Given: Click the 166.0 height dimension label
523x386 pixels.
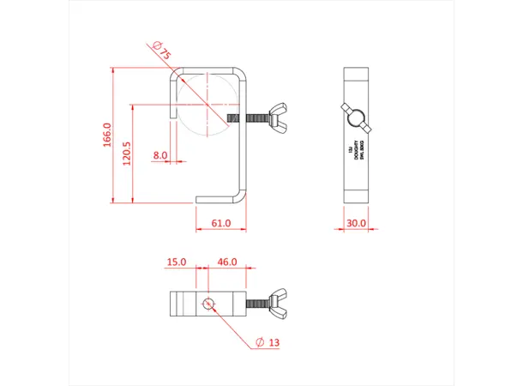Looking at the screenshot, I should click(107, 136).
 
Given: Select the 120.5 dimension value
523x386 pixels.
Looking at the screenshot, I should click(127, 154).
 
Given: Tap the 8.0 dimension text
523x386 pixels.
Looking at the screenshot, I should click(160, 155).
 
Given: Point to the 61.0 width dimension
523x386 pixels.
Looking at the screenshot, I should click(220, 223).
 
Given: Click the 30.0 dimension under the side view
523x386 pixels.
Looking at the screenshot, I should click(355, 223).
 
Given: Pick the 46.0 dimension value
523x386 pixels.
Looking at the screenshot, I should click(227, 261).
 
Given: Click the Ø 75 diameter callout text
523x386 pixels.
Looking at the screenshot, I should click(161, 51).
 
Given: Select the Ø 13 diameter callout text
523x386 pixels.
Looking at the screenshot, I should click(268, 343).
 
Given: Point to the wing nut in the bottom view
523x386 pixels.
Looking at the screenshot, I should click(280, 303).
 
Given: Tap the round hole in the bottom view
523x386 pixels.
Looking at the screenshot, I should click(207, 303).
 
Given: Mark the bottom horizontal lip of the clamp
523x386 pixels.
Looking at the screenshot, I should click(219, 201).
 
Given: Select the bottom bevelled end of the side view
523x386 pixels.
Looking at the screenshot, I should click(355, 196).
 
